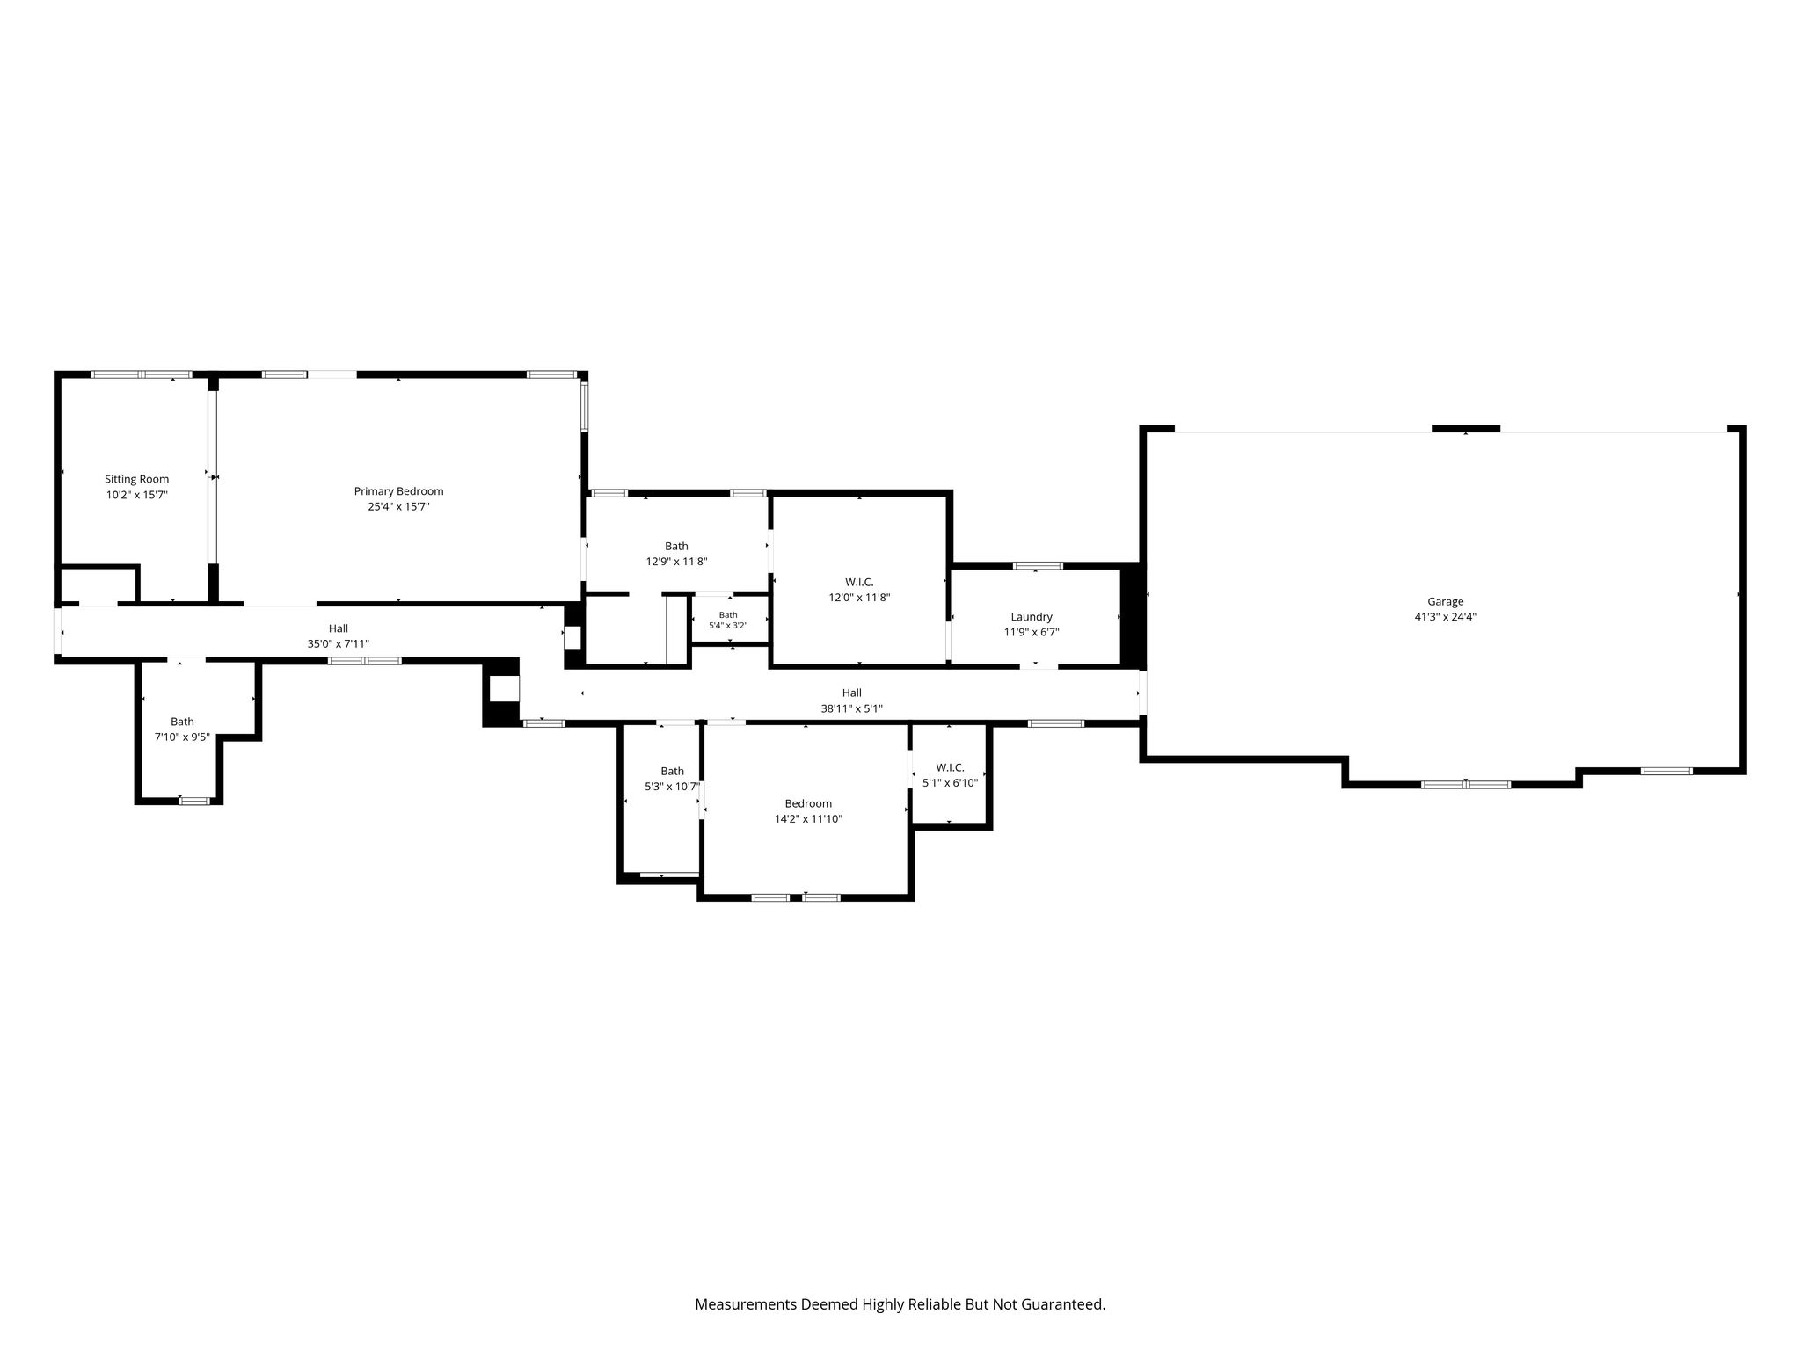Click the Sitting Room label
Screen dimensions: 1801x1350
point(136,479)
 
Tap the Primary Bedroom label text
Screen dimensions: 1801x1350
point(398,491)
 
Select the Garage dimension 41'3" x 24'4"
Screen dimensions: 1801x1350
point(1445,617)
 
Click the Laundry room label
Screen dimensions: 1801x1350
point(1032,617)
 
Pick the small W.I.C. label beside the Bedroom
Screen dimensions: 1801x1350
point(950,767)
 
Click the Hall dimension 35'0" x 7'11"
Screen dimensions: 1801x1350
point(339,644)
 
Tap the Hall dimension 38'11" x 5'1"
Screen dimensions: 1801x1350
point(851,708)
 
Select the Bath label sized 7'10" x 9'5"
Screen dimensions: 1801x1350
point(182,722)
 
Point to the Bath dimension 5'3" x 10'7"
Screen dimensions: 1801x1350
point(672,787)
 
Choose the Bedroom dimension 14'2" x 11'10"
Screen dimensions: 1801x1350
point(808,819)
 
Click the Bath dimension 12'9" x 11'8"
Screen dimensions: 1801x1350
point(676,562)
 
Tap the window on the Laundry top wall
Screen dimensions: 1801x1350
point(1038,566)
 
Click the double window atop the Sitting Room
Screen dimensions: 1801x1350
point(142,374)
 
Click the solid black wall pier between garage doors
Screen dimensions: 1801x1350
point(1466,429)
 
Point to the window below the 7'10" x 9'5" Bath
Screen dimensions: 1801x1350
point(194,801)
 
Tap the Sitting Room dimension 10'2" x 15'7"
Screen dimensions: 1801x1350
point(136,495)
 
